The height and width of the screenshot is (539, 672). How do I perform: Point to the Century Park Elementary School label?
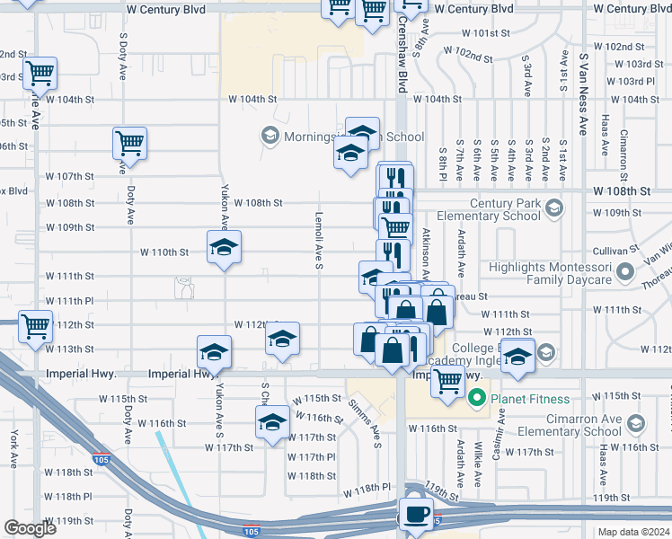click(x=490, y=209)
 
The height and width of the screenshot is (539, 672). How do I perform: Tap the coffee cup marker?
click(x=416, y=515)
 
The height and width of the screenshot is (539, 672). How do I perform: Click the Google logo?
click(x=30, y=528)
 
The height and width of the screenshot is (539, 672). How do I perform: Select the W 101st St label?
click(x=486, y=32)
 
